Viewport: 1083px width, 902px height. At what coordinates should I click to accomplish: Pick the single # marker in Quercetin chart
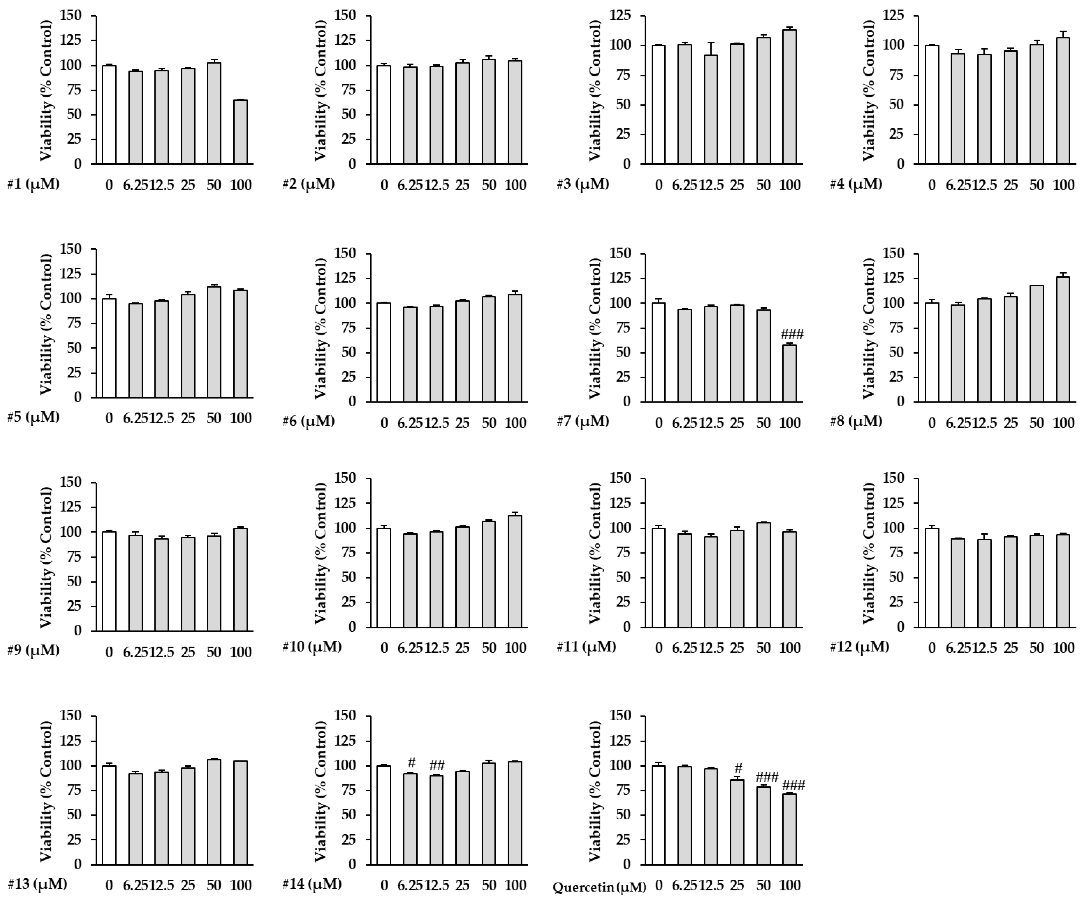pyautogui.click(x=738, y=768)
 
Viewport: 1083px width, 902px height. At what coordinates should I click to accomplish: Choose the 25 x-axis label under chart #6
pyautogui.click(x=463, y=423)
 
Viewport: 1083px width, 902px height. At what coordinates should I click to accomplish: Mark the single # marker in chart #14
pyautogui.click(x=411, y=763)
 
